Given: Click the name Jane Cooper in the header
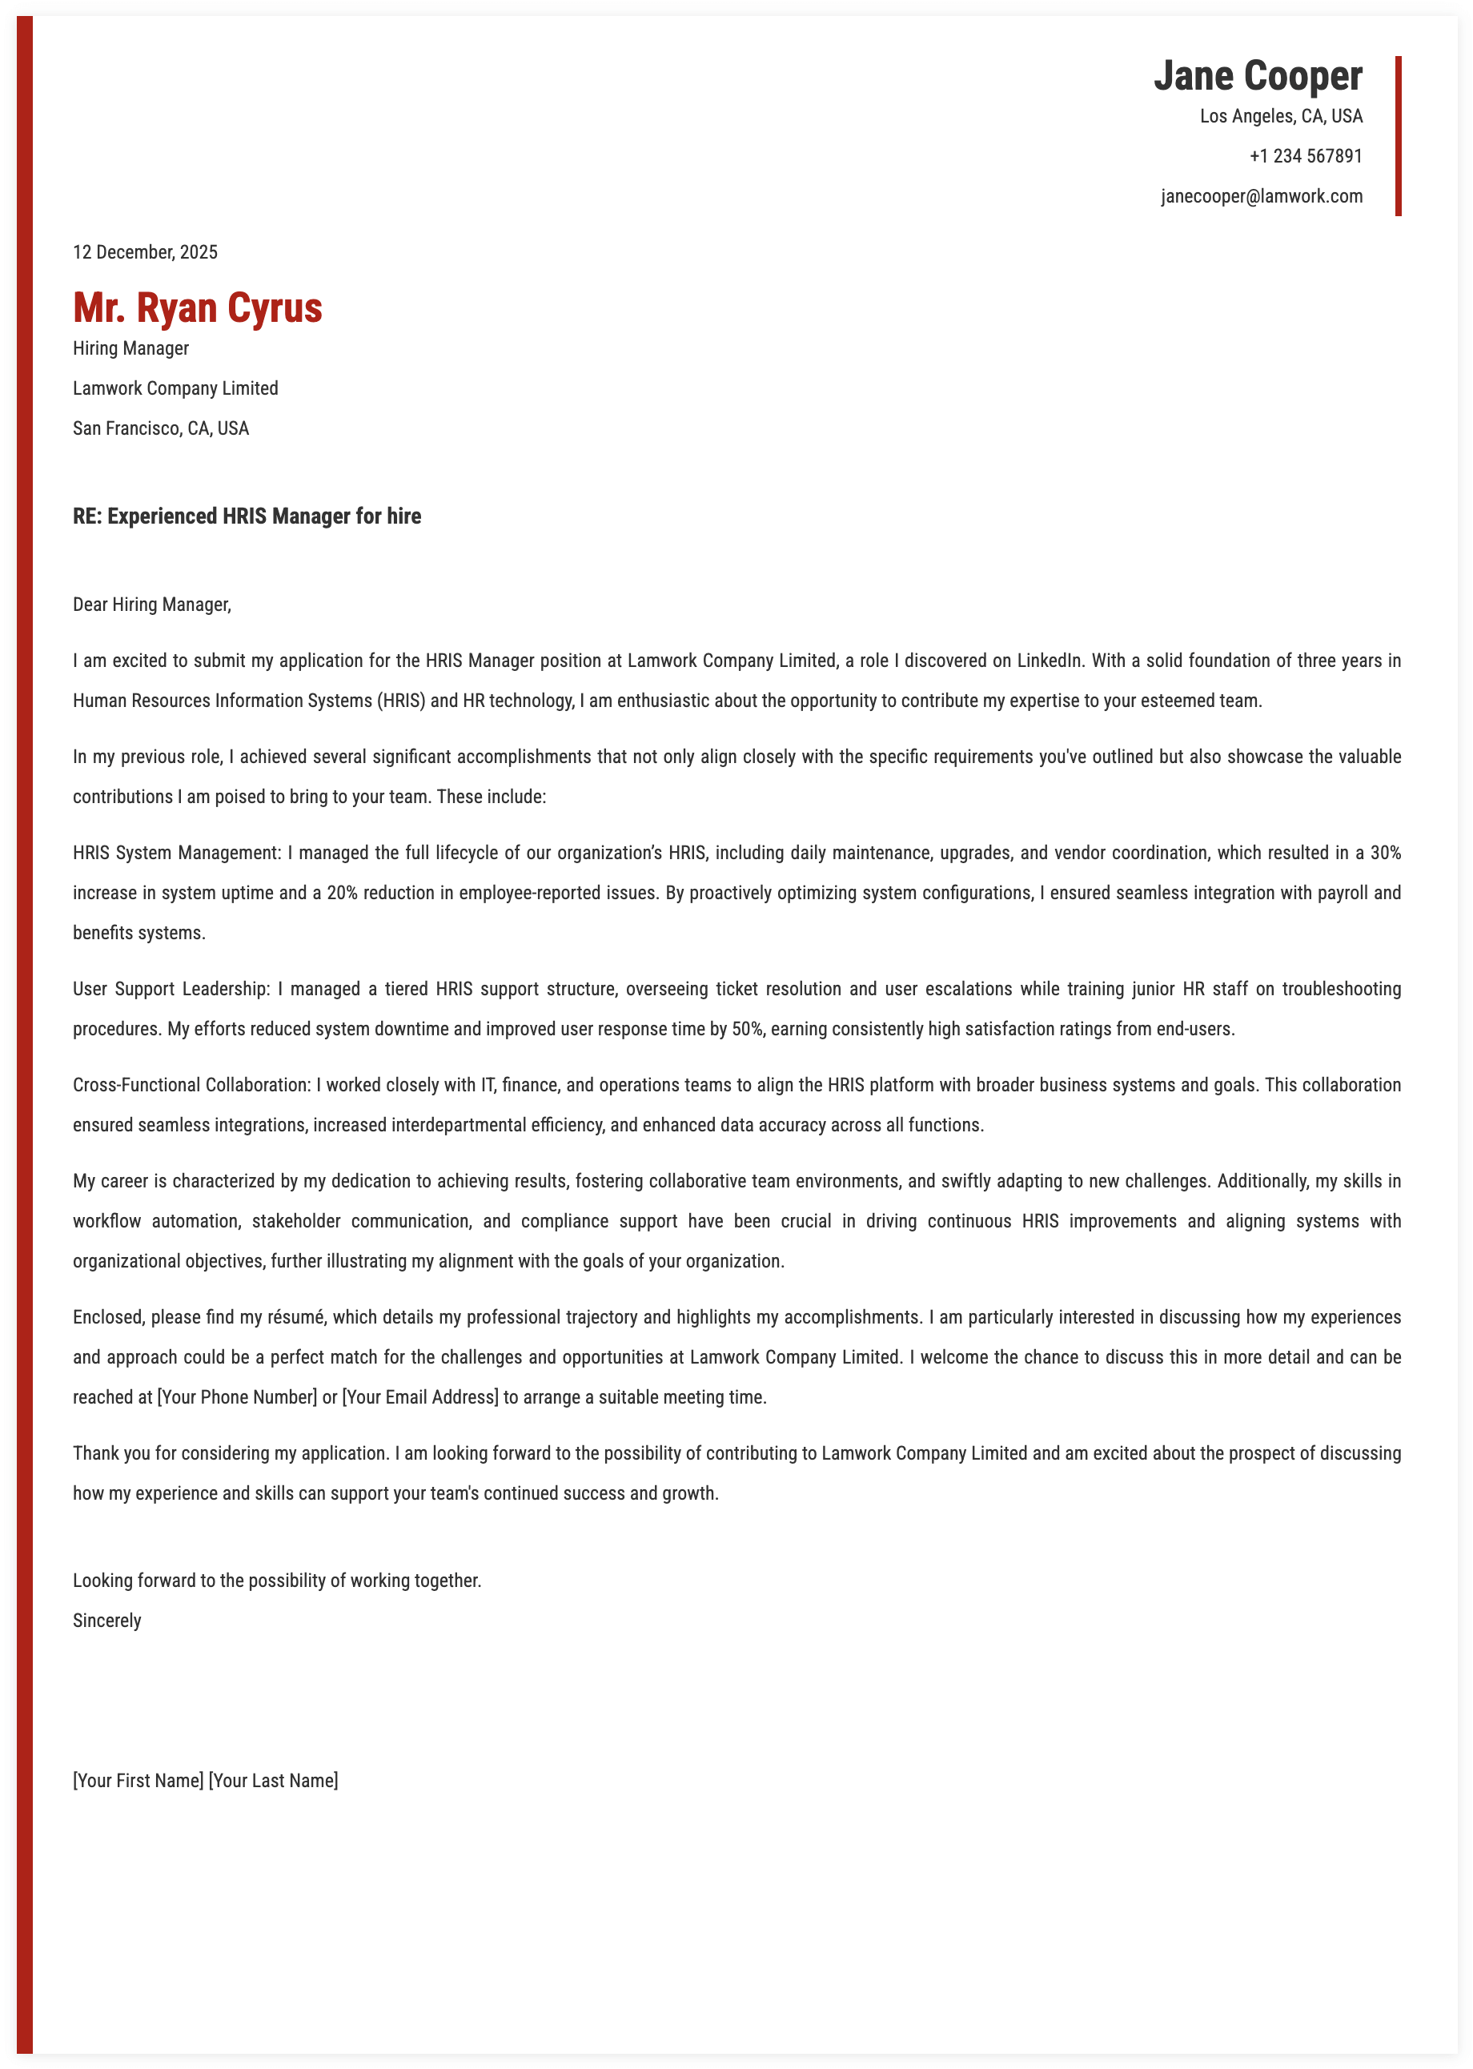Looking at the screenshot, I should (x=1257, y=76).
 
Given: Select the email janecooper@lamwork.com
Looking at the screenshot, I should (x=1261, y=196).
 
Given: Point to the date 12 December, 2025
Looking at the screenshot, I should (x=145, y=252).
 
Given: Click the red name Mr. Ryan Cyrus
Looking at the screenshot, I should (x=198, y=307).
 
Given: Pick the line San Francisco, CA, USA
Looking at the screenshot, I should (x=161, y=428).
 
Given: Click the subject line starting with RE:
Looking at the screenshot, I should (x=247, y=516).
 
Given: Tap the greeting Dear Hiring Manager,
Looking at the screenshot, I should (x=151, y=604).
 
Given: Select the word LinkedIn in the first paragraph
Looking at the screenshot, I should (x=1050, y=661).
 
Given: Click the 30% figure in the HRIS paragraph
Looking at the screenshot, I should (x=1385, y=853).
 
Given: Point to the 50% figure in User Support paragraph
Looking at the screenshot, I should (x=744, y=1029).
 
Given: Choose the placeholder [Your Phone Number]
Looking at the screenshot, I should (x=237, y=1397).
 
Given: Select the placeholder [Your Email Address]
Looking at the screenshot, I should (x=420, y=1397).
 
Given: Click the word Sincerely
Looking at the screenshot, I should (x=107, y=1620).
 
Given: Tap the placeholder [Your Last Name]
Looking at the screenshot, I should (x=273, y=1780).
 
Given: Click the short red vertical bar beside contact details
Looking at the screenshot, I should (x=1398, y=136).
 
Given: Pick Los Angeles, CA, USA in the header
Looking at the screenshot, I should (x=1281, y=116).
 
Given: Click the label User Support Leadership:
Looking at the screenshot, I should (x=171, y=989).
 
